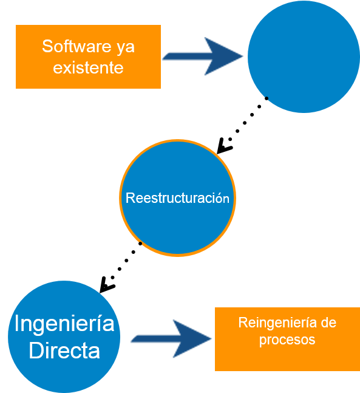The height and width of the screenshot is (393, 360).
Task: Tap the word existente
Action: pos(88,67)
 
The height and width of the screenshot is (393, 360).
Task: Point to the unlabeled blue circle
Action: pos(304,56)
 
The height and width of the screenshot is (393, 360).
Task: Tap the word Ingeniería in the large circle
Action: pos(64,323)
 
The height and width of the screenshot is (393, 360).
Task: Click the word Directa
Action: pos(64,350)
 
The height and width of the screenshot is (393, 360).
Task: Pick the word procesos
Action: pos(287,340)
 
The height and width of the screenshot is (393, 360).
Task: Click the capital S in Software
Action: pos(47,46)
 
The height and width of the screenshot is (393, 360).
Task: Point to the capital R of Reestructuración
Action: pos(129,198)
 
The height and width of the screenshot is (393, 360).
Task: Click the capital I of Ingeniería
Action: pos(17,323)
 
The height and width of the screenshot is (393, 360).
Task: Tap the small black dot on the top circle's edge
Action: pos(267,98)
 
